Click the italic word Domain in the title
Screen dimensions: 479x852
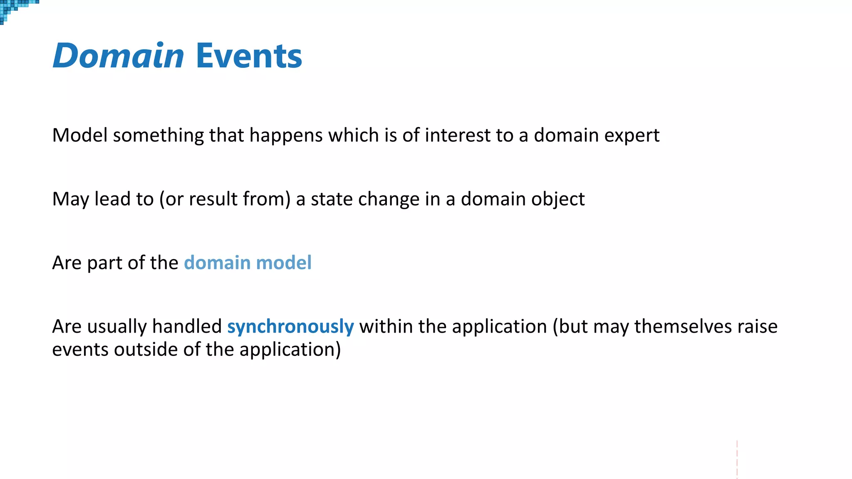[x=118, y=56]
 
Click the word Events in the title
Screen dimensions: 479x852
[x=249, y=56]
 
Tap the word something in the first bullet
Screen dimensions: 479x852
[x=158, y=136]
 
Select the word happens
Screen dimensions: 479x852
[x=286, y=136]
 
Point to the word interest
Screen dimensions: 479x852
[x=458, y=136]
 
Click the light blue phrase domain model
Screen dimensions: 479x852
[x=248, y=263]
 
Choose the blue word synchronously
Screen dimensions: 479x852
[x=290, y=327]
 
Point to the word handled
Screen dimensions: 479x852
[x=187, y=326]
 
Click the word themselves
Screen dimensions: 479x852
[x=683, y=326]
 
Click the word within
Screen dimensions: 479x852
[x=386, y=326]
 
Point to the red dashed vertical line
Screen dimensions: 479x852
[x=737, y=459]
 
